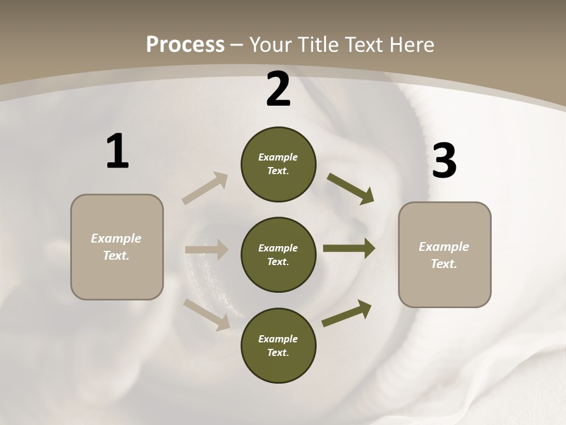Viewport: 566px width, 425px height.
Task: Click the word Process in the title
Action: point(185,45)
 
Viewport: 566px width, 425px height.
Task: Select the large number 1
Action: point(117,152)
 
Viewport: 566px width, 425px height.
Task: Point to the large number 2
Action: point(278,89)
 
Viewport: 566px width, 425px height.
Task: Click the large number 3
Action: point(444,161)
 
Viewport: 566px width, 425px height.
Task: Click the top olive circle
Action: point(278,164)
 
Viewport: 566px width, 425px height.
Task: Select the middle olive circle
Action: point(278,254)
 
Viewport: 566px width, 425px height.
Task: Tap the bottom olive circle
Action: point(278,345)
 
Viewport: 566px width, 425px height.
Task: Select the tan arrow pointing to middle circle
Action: point(206,250)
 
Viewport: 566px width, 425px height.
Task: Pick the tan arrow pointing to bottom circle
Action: point(206,314)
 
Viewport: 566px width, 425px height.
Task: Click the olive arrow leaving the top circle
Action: point(351,189)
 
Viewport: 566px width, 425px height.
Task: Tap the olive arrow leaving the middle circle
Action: point(349,248)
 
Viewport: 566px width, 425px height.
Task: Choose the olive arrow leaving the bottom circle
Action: point(347,313)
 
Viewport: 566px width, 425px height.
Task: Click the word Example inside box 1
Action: point(116,238)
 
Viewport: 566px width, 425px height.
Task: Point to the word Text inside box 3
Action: point(443,264)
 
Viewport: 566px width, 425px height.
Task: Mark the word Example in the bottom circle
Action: point(278,339)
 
